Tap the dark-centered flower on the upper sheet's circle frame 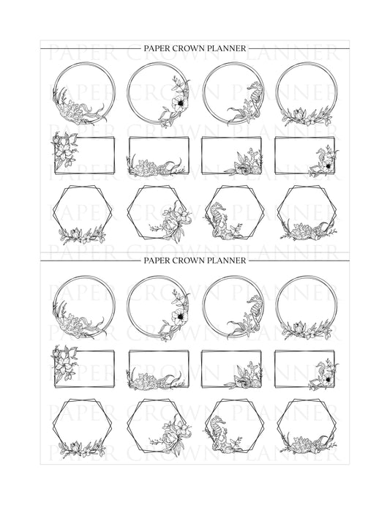(x=179, y=102)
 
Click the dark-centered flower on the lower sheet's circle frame (x=179, y=316)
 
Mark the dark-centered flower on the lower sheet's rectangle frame (x=327, y=379)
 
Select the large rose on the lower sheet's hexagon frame (x=170, y=437)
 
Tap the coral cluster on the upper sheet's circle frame (x=72, y=108)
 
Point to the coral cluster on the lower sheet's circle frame (x=72, y=321)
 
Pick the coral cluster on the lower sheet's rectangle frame (x=146, y=379)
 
